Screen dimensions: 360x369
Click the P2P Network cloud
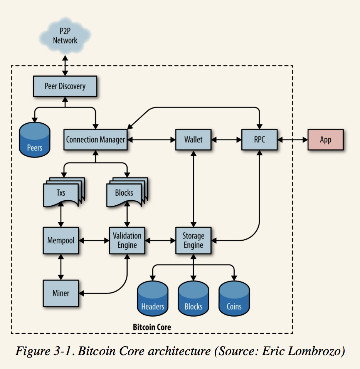pos(65,36)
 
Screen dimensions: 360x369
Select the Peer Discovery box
pos(65,86)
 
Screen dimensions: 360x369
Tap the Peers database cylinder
pos(35,140)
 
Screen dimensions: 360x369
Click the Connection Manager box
pos(95,139)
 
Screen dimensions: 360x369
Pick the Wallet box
pos(193,139)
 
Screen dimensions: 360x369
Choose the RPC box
pos(259,139)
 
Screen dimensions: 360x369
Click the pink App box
pos(326,139)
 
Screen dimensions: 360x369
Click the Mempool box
pos(61,240)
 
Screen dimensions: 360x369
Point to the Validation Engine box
pos(127,240)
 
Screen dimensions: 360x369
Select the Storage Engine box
pos(193,240)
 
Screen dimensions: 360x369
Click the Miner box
pos(61,293)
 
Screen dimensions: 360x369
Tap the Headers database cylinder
pos(153,299)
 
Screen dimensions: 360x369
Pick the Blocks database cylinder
pos(193,299)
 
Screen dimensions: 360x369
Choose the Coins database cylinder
pos(234,299)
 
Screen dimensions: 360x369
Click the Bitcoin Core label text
pos(152,327)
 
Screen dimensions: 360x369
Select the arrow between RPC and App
pos(293,140)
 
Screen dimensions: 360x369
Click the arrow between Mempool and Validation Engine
pos(94,240)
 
